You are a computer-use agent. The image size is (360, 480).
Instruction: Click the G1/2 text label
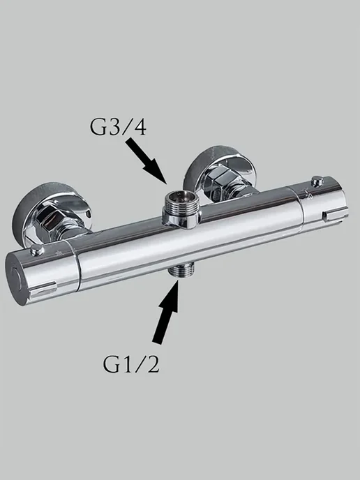tap(131, 363)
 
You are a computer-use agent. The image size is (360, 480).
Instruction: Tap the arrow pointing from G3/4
tap(147, 160)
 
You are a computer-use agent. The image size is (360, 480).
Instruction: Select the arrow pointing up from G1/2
tap(166, 311)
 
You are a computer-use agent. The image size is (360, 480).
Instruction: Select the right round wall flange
tap(219, 172)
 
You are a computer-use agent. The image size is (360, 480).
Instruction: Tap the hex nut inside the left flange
tap(50, 220)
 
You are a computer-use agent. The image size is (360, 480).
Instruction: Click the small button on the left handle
tap(37, 250)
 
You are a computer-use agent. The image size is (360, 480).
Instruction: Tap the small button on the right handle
tap(317, 181)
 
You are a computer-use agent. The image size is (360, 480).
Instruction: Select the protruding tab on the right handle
tap(336, 213)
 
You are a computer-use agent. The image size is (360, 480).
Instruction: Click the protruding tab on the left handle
tap(43, 290)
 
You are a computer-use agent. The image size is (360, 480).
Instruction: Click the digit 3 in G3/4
tap(112, 127)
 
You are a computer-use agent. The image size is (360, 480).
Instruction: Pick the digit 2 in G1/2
tap(153, 364)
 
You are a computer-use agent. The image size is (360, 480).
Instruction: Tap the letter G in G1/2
tap(110, 364)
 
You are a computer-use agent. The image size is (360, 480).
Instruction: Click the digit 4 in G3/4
tap(139, 127)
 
